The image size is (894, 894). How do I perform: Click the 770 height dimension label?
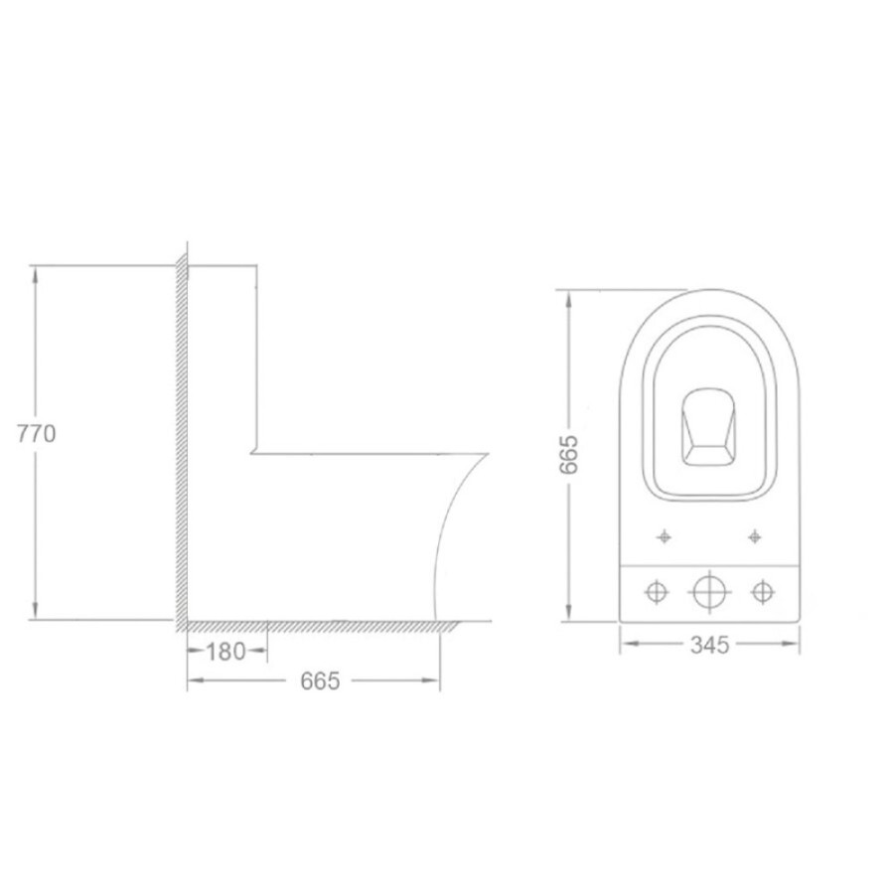37,434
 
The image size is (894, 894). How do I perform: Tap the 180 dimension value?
225,652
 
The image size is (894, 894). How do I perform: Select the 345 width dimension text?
710,645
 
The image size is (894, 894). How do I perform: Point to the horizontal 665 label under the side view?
320,680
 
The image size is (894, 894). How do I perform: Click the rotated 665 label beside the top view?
569,454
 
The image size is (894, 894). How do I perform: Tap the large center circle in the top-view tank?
709,591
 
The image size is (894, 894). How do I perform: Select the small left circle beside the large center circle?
657,591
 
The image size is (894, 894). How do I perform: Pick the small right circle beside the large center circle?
762,591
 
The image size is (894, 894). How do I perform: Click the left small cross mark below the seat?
664,536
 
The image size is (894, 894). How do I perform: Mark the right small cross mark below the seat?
754,536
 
